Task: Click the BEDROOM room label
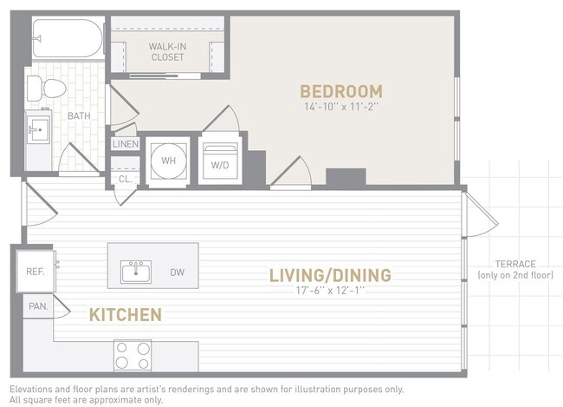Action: pos(340,91)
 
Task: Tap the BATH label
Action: pos(80,115)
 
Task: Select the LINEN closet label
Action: pos(125,144)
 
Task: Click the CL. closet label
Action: pos(124,180)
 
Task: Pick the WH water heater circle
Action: pos(166,161)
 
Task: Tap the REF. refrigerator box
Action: pos(36,271)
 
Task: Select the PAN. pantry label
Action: pos(38,305)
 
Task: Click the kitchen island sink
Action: pos(137,272)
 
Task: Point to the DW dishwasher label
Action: pos(178,272)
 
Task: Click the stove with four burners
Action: pos(133,356)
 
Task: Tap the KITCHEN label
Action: pos(125,313)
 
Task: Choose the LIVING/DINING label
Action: pos(330,275)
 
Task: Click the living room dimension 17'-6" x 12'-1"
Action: pos(330,292)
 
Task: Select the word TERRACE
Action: pos(515,264)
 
